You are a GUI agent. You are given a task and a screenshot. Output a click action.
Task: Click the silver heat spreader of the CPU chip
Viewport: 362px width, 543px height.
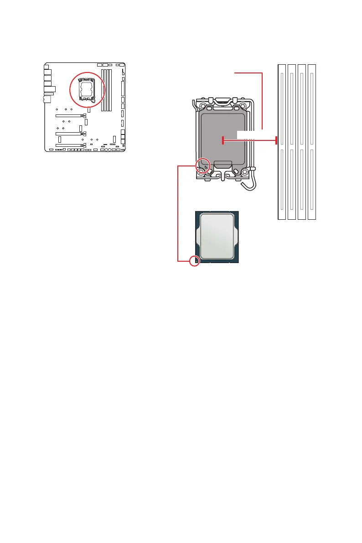click(217, 237)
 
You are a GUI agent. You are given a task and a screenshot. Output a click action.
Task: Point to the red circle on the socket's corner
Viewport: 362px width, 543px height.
click(202, 166)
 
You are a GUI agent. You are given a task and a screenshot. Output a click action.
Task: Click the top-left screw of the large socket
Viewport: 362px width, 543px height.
click(202, 105)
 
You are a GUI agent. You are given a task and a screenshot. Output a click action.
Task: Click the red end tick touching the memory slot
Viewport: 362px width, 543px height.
click(276, 141)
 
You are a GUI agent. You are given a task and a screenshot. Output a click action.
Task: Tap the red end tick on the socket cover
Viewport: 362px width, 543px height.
click(222, 141)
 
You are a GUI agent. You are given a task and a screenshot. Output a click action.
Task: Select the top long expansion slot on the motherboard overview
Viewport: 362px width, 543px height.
click(69, 116)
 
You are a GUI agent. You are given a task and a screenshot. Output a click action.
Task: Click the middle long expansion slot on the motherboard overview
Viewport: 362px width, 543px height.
click(69, 134)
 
